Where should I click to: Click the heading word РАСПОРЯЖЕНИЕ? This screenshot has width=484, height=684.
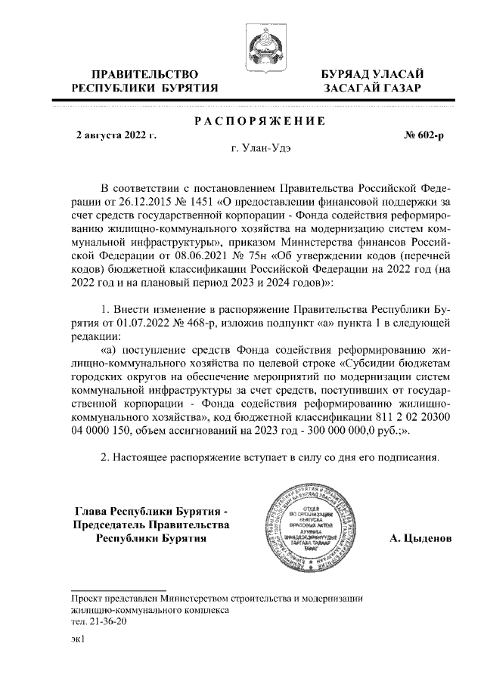(259, 122)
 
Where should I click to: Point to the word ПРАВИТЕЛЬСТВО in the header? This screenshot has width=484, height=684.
(144, 74)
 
